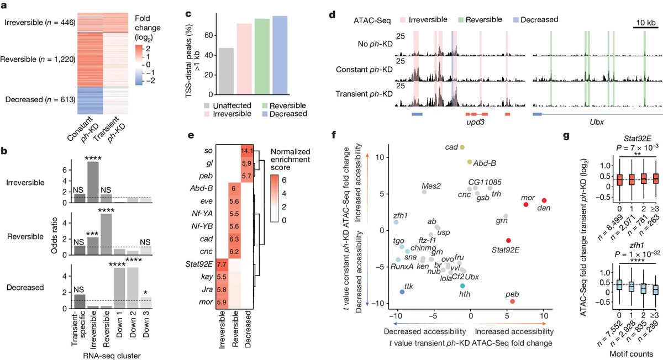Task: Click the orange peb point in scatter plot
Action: [x=513, y=301]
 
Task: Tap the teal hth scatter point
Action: [x=462, y=285]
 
